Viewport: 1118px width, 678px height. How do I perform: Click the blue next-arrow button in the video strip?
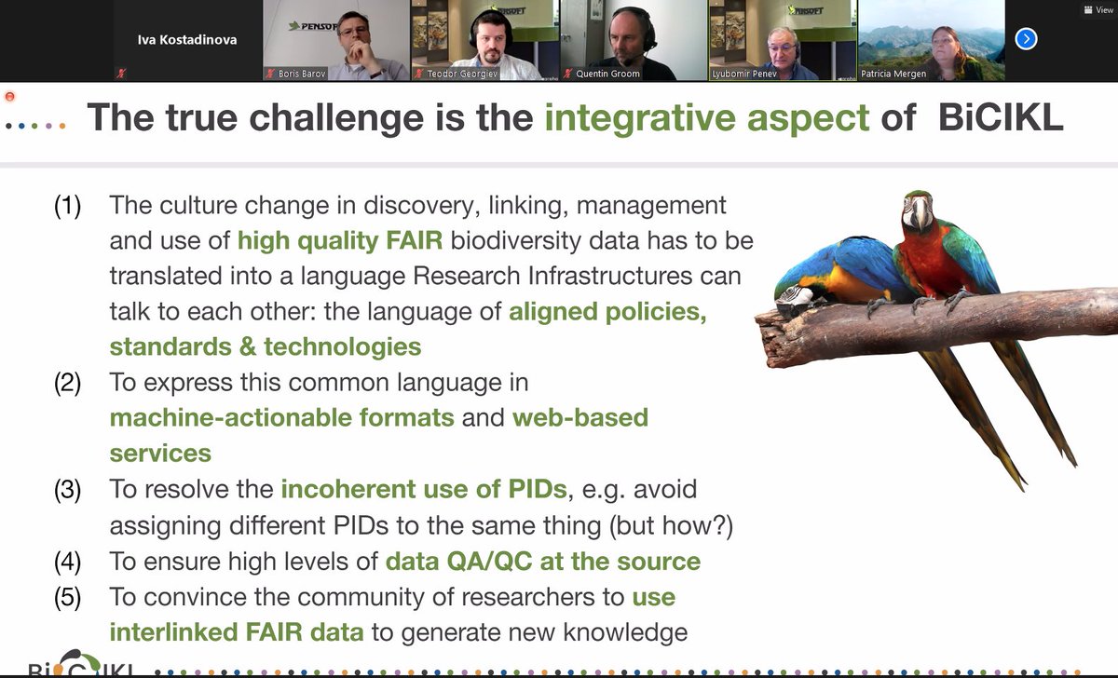point(1026,39)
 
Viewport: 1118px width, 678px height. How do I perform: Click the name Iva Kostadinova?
point(187,39)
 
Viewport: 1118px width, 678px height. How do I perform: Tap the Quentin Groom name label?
point(607,74)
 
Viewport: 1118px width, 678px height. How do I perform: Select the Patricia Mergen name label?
point(893,74)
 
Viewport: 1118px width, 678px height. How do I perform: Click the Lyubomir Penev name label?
point(744,74)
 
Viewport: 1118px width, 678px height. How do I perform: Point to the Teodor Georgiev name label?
point(462,74)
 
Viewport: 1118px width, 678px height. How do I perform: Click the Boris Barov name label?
point(302,74)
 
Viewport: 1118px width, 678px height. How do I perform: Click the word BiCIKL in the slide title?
point(1001,117)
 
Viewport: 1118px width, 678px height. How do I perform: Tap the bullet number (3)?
point(67,490)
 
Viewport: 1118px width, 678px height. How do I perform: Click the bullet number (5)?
point(67,597)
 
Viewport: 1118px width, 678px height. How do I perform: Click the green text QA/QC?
point(489,562)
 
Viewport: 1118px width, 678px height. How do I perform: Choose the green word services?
point(160,454)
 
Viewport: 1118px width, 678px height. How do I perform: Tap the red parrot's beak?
point(920,213)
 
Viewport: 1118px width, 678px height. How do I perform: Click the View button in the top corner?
point(1098,10)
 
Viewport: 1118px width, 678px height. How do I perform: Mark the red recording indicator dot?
point(9,96)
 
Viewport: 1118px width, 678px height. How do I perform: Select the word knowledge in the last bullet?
point(625,632)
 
